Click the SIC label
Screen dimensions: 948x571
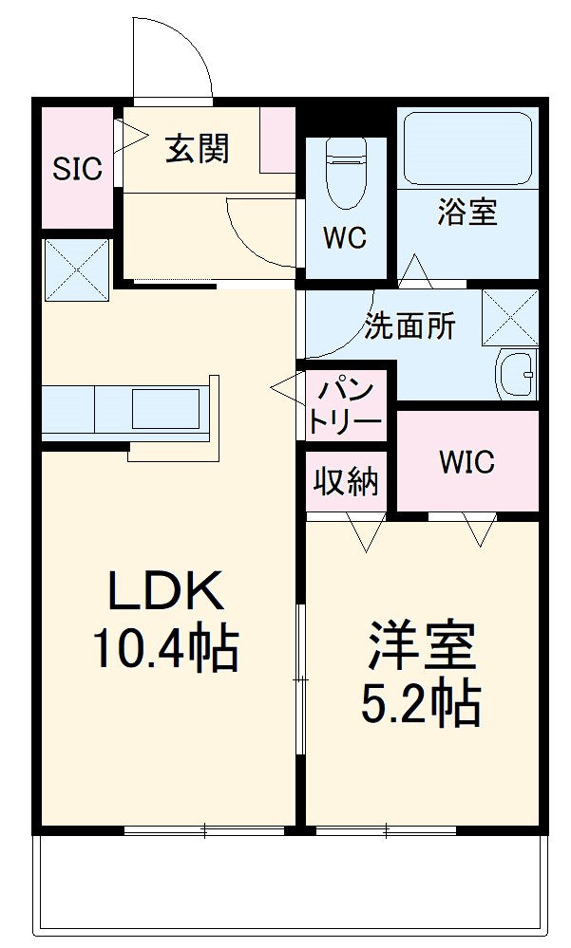[x=76, y=170]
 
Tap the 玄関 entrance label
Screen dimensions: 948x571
[x=198, y=149]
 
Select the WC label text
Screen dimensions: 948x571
[x=344, y=238]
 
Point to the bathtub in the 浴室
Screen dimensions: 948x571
[x=466, y=148]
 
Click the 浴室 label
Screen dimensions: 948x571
[x=466, y=213]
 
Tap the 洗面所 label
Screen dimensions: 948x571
[x=410, y=326]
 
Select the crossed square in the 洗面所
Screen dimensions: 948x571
[x=510, y=317]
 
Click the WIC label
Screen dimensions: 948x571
[x=466, y=462]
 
